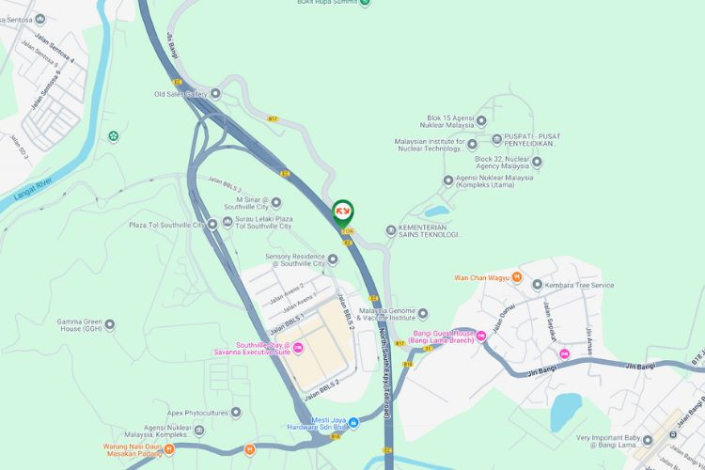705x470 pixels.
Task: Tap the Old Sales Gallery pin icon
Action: (215, 93)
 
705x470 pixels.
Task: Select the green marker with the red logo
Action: (343, 211)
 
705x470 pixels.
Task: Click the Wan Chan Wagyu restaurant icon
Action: (516, 277)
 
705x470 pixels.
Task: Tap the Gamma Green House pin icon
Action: (110, 324)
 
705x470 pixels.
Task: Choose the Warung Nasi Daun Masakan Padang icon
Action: (169, 449)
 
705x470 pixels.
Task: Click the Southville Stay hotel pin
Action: (299, 349)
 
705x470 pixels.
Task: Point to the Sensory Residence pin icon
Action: (332, 259)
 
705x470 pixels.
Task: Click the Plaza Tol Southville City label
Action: (166, 225)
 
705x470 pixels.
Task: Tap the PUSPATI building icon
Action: (496, 140)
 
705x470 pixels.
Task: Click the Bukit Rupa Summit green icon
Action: (365, 3)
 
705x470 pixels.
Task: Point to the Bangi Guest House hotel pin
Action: (446, 335)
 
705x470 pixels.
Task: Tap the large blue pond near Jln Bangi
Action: (566, 411)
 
